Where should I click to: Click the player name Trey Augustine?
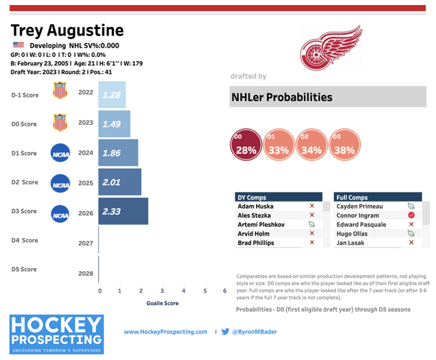click(67, 30)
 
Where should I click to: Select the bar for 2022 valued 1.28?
click(112, 95)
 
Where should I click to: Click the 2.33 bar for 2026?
click(124, 211)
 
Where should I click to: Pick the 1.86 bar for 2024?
click(119, 153)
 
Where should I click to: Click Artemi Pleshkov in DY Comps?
click(262, 224)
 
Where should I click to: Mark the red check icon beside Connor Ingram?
click(411, 215)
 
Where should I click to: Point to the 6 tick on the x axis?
click(225, 291)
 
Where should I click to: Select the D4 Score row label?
click(25, 240)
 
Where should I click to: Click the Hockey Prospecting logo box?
click(57, 334)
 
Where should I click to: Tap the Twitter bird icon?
click(225, 332)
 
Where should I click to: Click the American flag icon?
click(18, 45)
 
